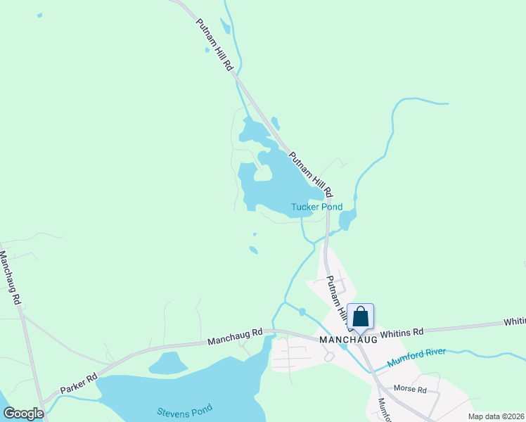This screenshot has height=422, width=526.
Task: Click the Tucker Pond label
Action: [316, 207]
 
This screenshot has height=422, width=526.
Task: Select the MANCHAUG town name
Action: [348, 339]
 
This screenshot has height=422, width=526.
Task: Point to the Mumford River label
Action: [417, 357]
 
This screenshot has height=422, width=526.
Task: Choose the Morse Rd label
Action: [410, 389]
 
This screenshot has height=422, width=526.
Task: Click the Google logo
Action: [23, 414]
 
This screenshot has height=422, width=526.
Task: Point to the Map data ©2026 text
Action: [496, 416]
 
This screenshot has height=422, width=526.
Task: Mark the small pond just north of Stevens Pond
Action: [167, 363]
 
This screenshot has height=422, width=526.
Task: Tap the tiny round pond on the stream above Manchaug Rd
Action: [302, 312]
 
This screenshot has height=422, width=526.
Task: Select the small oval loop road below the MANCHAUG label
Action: [328, 357]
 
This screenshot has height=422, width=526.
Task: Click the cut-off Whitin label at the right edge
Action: [514, 321]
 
